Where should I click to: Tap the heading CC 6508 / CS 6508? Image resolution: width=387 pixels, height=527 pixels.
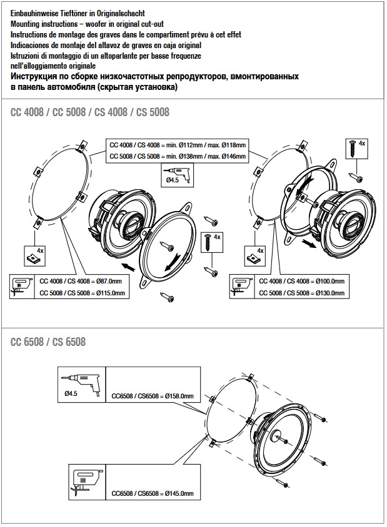tap(48, 342)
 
